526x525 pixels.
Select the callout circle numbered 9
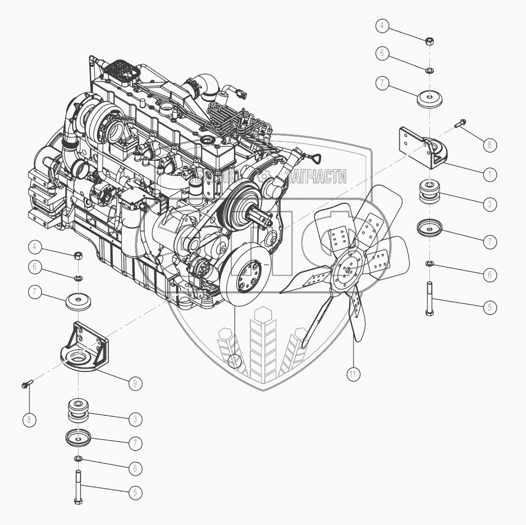click(x=134, y=383)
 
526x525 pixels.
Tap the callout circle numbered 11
click(x=353, y=374)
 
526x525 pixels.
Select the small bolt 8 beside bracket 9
click(x=26, y=383)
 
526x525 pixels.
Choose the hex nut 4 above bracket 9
click(x=79, y=254)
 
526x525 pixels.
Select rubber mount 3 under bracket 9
click(x=79, y=410)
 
